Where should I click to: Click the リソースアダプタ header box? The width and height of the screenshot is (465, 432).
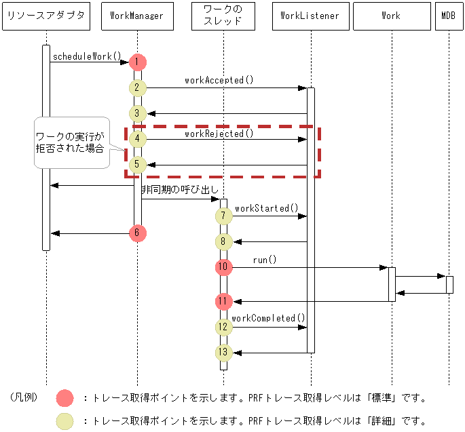(x=46, y=16)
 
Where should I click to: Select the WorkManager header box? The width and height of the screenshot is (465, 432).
(x=136, y=16)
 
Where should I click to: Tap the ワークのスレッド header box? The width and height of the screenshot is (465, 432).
(x=223, y=16)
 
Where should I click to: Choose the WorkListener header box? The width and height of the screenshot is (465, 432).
(x=310, y=16)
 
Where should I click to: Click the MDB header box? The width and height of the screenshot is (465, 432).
(x=449, y=16)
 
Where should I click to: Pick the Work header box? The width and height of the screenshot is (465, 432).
(x=391, y=16)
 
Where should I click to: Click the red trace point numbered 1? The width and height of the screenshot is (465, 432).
(x=137, y=62)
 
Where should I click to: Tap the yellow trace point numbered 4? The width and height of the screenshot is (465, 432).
(x=137, y=139)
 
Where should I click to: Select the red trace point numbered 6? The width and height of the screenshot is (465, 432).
(x=137, y=233)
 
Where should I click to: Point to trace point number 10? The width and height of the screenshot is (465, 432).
(x=223, y=267)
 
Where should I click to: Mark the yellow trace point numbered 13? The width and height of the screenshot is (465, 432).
(x=223, y=352)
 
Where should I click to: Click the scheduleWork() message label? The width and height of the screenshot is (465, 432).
(x=86, y=56)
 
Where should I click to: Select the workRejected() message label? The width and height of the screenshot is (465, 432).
(x=219, y=134)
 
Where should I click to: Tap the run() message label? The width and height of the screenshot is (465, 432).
(x=265, y=260)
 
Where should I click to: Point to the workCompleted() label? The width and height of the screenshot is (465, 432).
(x=268, y=318)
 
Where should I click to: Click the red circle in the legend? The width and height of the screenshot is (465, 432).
(x=64, y=398)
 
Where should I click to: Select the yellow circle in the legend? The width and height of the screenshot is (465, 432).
(x=64, y=421)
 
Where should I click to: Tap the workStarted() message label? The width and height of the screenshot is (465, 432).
(x=266, y=208)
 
